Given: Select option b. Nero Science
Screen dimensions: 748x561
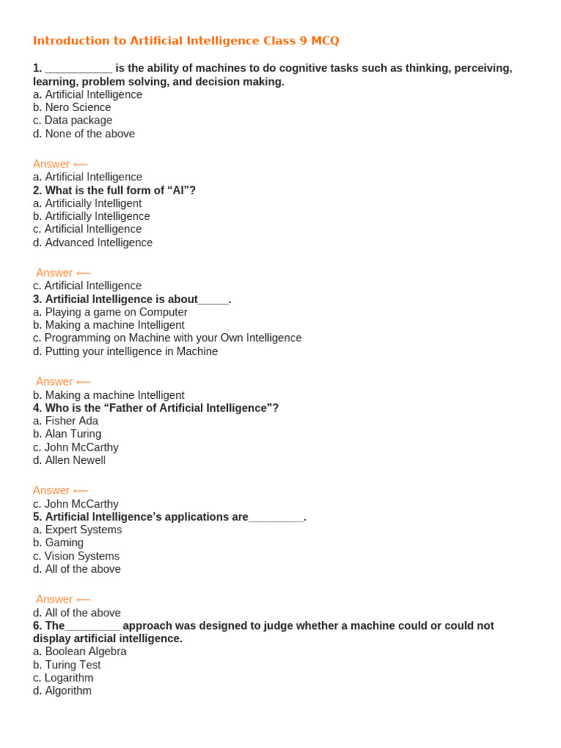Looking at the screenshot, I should click(x=72, y=107).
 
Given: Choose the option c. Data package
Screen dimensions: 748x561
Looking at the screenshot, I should click(x=72, y=121).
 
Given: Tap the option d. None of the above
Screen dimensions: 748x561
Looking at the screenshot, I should click(x=84, y=134).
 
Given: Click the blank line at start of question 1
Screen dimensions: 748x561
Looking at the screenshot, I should click(x=78, y=69).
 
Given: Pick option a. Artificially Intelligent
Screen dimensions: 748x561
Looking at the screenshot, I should click(x=87, y=203).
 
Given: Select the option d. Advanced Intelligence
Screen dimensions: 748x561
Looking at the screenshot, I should click(x=93, y=243).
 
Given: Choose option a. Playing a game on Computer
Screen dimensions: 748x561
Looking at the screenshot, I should click(x=110, y=312).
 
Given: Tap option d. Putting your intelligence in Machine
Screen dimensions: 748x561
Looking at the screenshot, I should click(x=125, y=351).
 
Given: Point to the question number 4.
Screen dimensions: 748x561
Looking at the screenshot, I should click(x=37, y=408).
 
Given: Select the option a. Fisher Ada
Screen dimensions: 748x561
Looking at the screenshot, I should click(x=65, y=421).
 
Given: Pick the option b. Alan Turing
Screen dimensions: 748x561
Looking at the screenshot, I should click(x=67, y=434).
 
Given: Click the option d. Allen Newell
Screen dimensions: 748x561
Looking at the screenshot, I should click(x=69, y=460).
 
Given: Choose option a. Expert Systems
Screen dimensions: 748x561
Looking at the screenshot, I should click(x=77, y=530).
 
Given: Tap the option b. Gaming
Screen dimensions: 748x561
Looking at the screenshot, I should click(x=58, y=543).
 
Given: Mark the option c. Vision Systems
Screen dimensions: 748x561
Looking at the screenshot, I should click(x=76, y=556).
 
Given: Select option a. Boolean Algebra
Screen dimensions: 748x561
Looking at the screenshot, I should click(x=80, y=652).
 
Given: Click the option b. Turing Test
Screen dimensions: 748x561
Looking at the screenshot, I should click(x=66, y=665).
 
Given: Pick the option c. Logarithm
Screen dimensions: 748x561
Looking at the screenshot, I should click(x=63, y=678).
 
